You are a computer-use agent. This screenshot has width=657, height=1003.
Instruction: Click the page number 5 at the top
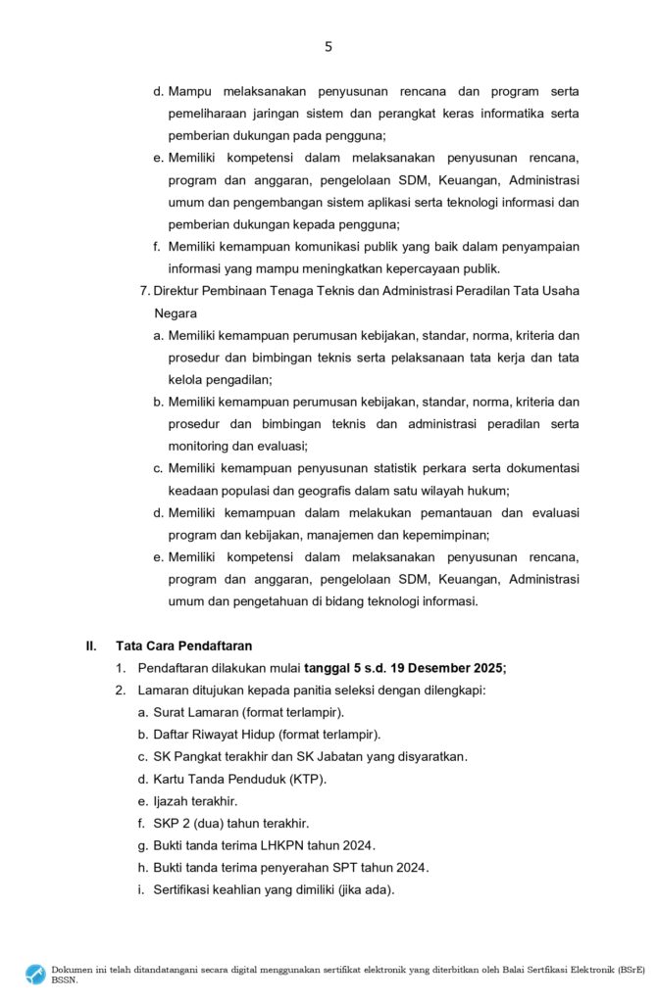328,46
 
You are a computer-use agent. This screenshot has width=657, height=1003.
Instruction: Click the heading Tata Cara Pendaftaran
183,645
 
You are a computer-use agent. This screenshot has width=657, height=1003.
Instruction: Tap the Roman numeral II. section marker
91,645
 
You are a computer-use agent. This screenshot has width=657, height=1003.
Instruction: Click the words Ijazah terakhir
195,801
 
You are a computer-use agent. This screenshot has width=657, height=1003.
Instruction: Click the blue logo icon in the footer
35,974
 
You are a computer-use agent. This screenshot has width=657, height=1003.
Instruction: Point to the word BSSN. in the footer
65,979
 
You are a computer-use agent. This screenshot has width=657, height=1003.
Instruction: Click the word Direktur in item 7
177,292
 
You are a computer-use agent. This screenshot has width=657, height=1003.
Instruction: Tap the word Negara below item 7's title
176,314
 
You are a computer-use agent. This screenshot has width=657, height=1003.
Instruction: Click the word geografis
330,491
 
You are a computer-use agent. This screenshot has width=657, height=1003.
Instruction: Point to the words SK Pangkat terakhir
207,756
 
